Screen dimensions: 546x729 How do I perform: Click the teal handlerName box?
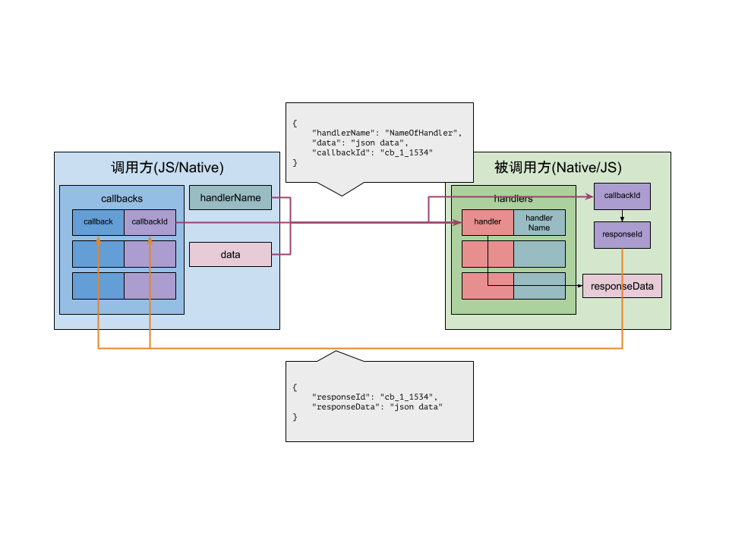230,198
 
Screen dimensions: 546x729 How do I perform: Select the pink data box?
230,255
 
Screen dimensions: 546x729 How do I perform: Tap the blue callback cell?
98,221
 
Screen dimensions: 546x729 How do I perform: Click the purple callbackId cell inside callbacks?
150,221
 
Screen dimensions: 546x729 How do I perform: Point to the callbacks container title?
121,199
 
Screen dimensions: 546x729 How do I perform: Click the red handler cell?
488,222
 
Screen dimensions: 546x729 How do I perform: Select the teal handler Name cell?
539,222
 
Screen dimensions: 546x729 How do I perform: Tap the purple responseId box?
622,234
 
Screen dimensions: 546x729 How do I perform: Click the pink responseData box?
622,286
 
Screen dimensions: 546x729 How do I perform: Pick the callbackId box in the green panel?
622,196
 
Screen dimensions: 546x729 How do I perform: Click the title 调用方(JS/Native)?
167,168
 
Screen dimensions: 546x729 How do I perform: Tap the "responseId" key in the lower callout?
340,397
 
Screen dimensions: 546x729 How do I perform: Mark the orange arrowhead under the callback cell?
98,240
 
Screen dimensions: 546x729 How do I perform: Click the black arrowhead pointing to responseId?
622,218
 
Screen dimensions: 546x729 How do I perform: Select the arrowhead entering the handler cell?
459,222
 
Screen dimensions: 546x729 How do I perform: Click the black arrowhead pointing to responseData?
579,286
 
